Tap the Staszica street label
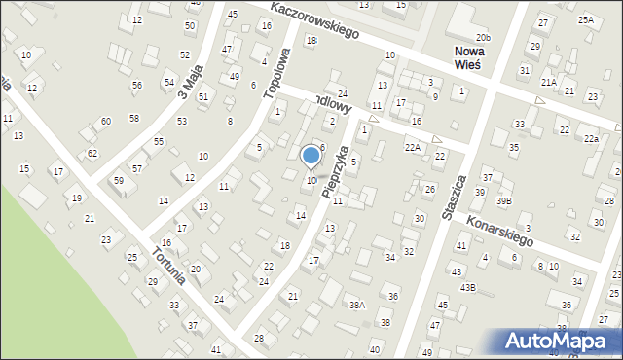(455, 198)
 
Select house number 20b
(484, 38)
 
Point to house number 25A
(585, 19)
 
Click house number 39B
(502, 200)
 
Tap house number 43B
(468, 287)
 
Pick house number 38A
(357, 305)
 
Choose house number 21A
(549, 83)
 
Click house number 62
(92, 154)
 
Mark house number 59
(119, 181)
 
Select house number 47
(227, 49)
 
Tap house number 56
(137, 86)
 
